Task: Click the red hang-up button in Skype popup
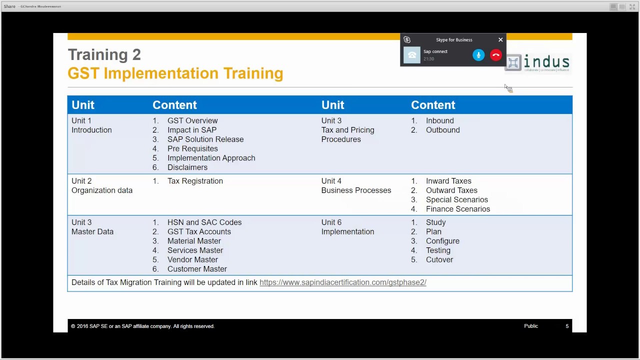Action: pyautogui.click(x=495, y=55)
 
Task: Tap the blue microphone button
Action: pyautogui.click(x=478, y=55)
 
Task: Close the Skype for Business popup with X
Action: pyautogui.click(x=500, y=40)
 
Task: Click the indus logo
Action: pyautogui.click(x=538, y=63)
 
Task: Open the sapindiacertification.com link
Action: pyautogui.click(x=342, y=282)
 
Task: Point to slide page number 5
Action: pyautogui.click(x=567, y=326)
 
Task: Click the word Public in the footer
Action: pyautogui.click(x=531, y=326)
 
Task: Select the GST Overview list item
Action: pyautogui.click(x=192, y=121)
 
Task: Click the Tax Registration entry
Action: pyautogui.click(x=195, y=181)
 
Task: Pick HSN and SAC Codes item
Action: pyautogui.click(x=204, y=222)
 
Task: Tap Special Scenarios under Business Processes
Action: pyautogui.click(x=456, y=200)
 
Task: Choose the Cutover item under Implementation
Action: pyautogui.click(x=439, y=260)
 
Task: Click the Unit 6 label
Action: pyautogui.click(x=331, y=222)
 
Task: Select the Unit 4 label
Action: pyautogui.click(x=331, y=181)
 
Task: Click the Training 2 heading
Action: pyautogui.click(x=104, y=54)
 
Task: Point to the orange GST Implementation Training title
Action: pyautogui.click(x=175, y=73)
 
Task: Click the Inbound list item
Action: pyautogui.click(x=440, y=121)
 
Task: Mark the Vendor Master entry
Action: pyautogui.click(x=192, y=260)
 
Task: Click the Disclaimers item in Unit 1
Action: pyautogui.click(x=187, y=167)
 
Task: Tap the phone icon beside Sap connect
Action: pyautogui.click(x=412, y=55)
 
